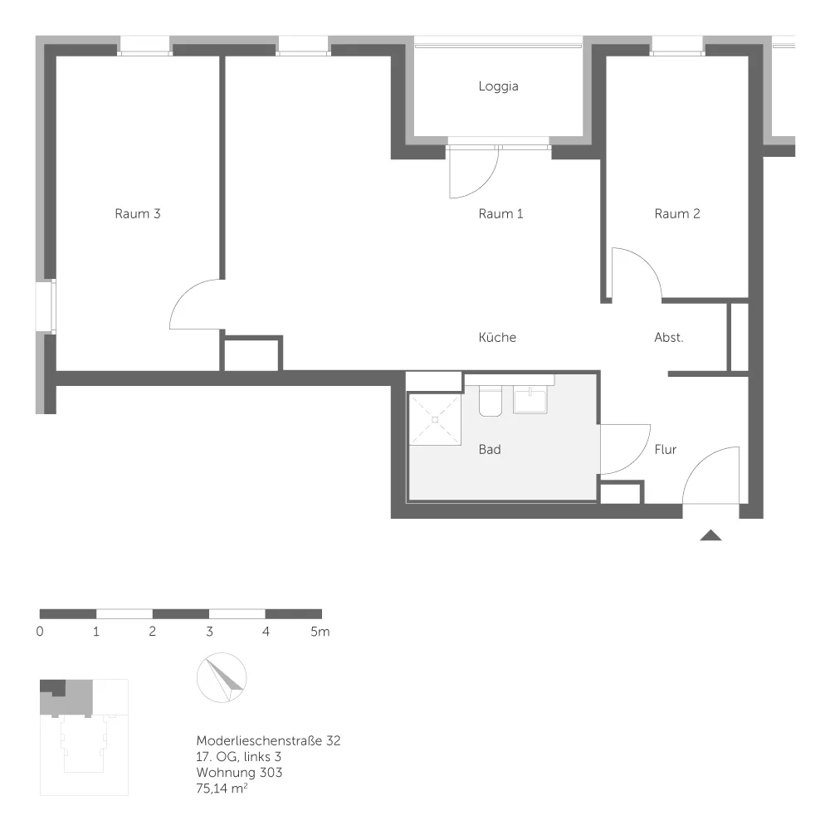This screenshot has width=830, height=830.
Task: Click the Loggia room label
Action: point(498,86)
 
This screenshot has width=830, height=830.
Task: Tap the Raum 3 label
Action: point(138,214)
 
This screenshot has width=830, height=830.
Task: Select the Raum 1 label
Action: point(500,214)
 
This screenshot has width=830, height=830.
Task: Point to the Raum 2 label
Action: point(677,214)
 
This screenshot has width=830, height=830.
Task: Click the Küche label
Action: point(497,337)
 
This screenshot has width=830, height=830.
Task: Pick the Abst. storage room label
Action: point(668,337)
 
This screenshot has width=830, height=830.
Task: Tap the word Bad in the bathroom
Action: point(490,449)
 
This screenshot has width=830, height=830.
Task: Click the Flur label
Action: point(666,449)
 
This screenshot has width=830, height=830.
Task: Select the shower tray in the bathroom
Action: point(435,419)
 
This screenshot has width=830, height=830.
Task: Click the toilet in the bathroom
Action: point(491,401)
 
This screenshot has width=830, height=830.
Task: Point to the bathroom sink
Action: point(530,399)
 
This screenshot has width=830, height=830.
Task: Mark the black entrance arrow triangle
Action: point(710,535)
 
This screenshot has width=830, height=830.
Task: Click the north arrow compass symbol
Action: point(222,677)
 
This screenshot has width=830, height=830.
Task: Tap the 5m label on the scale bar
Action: point(320,632)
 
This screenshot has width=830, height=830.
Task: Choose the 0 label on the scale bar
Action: point(40,632)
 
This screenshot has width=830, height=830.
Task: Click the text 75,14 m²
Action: point(222,788)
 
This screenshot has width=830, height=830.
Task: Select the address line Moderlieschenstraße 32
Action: point(268,740)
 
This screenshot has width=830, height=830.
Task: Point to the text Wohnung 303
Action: point(239,772)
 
